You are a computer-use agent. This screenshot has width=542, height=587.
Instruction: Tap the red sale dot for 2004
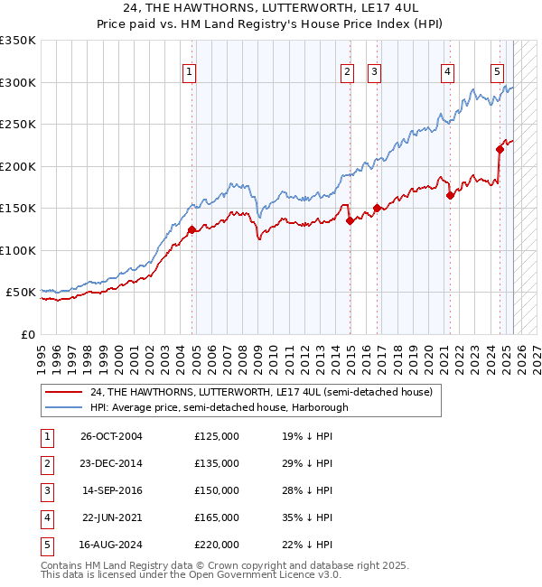tap(192, 230)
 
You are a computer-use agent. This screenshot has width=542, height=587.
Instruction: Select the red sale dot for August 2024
tap(500, 150)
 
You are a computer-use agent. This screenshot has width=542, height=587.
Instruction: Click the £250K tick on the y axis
tap(18, 125)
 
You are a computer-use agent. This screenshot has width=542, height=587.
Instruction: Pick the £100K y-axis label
tap(18, 250)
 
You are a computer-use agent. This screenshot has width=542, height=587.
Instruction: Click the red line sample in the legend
tap(64, 392)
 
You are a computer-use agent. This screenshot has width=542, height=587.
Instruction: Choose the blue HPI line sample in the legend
tap(64, 406)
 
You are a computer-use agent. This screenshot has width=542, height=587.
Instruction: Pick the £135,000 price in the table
tap(217, 463)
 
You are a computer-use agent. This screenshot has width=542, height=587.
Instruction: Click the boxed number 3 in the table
tap(45, 490)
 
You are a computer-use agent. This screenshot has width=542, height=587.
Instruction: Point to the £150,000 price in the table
tap(217, 490)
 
